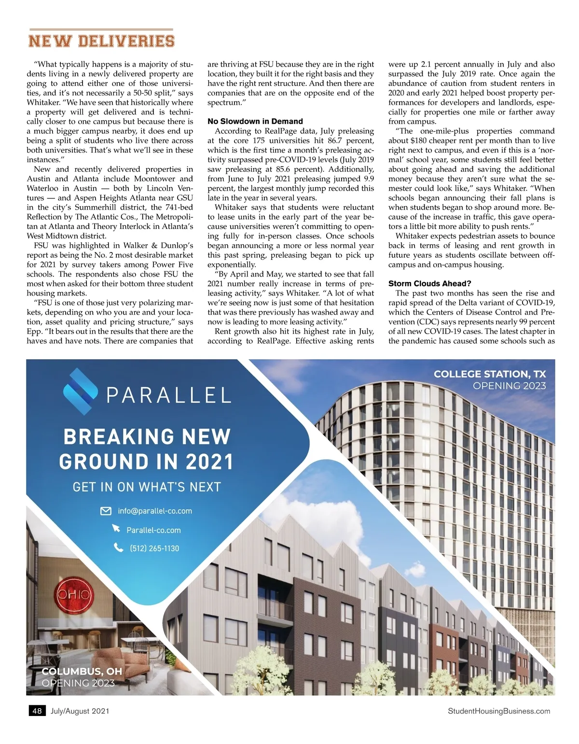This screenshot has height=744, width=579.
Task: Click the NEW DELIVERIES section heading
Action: pyautogui.click(x=101, y=41)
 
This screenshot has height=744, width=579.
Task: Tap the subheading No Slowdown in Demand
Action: pyautogui.click(x=255, y=121)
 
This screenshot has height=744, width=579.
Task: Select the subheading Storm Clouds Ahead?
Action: pyautogui.click(x=429, y=283)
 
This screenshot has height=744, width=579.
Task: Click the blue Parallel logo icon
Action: pyautogui.click(x=80, y=392)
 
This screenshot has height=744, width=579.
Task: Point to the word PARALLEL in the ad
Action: pyautogui.click(x=168, y=396)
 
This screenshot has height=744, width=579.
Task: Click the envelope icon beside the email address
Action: pyautogui.click(x=106, y=511)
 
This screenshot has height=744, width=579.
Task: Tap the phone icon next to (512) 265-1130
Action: pyautogui.click(x=118, y=547)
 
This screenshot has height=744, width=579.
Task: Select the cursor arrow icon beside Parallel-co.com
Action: pyautogui.click(x=116, y=529)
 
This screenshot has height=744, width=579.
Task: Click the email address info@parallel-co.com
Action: pyautogui.click(x=155, y=511)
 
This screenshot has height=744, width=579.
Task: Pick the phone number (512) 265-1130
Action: pyautogui.click(x=154, y=548)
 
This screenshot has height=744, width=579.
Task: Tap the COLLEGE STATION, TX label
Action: pyautogui.click(x=489, y=374)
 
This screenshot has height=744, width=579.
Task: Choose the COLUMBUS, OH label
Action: pyautogui.click(x=82, y=672)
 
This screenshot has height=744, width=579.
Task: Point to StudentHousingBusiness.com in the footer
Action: pyautogui.click(x=498, y=711)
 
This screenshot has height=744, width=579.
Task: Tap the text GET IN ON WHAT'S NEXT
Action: pyautogui.click(x=147, y=487)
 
